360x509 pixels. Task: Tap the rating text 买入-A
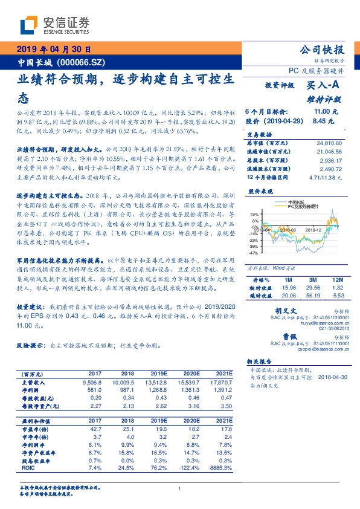coord(324,86)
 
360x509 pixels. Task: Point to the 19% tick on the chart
coord(254,214)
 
